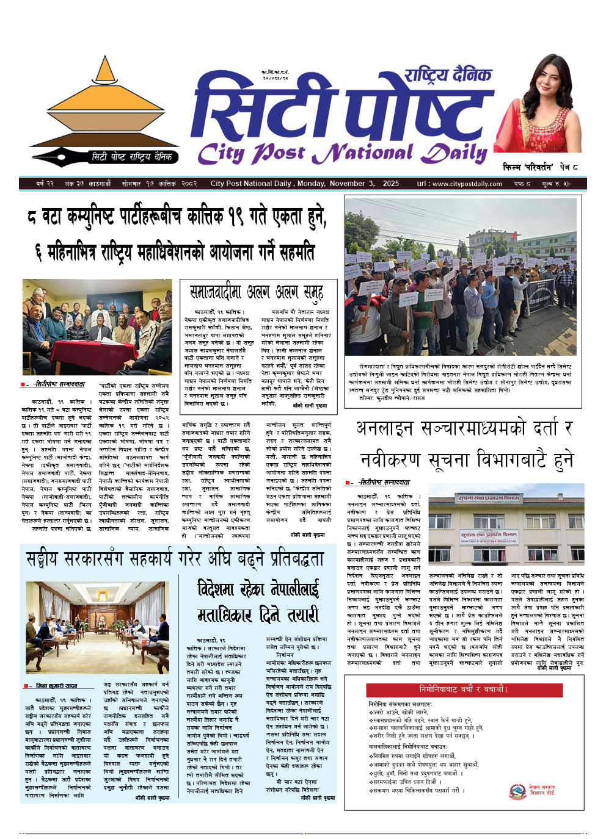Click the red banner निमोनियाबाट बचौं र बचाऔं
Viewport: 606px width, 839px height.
[463, 690]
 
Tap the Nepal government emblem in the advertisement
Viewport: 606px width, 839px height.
[517, 791]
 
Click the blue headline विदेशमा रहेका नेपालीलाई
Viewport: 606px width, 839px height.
[258, 589]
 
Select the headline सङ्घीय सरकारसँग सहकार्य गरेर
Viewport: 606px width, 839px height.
[174, 559]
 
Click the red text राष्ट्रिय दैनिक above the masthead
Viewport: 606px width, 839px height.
[447, 75]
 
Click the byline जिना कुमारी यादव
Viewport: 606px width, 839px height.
[57, 686]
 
